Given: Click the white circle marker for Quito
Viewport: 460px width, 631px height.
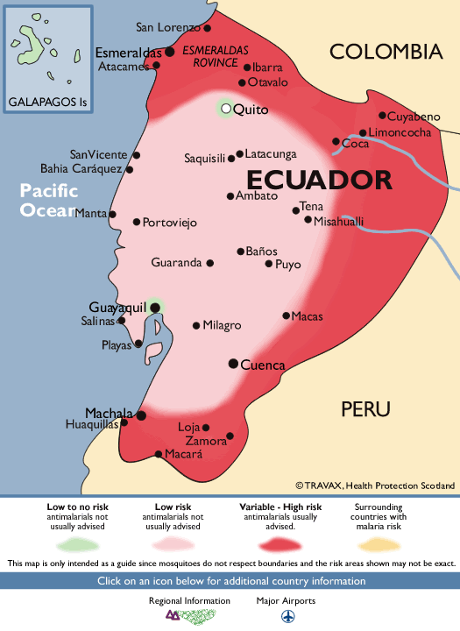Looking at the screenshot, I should click(226, 109).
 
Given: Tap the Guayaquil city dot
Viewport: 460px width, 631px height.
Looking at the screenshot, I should click(155, 307).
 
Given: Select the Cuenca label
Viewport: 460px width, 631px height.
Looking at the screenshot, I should click(263, 365).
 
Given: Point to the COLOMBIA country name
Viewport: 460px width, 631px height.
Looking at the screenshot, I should click(386, 53).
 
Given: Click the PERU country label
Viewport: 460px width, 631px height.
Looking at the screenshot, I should click(365, 409).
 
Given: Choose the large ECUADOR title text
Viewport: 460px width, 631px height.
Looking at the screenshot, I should click(318, 181).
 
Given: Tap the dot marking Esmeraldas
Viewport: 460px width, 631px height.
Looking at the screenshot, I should click(170, 52).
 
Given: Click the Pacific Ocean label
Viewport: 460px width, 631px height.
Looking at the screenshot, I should click(49, 200).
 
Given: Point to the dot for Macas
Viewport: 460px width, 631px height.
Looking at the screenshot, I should click(286, 315).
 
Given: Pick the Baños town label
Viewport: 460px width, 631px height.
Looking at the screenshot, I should click(261, 252).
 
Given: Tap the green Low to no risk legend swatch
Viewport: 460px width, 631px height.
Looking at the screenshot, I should click(80, 542).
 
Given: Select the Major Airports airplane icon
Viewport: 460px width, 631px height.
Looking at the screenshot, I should click(287, 616).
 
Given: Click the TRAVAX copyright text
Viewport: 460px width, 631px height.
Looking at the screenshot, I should click(375, 485).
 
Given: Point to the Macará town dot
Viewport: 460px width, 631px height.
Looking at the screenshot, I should click(159, 454).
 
